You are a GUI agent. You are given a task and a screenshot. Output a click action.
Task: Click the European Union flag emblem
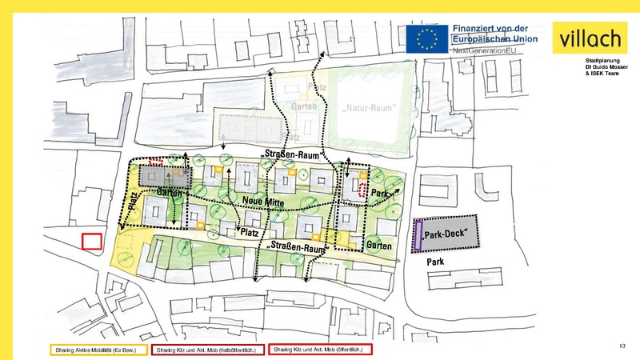tap(427, 38)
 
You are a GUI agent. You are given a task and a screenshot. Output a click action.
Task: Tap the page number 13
tap(622, 346)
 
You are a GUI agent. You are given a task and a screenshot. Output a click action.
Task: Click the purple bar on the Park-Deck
tap(418, 237)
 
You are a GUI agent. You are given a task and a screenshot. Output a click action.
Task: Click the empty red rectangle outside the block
tap(92, 242)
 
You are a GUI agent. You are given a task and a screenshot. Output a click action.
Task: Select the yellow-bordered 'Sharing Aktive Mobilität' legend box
tap(98, 350)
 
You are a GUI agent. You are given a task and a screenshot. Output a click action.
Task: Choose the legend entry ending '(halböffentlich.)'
tap(205, 350)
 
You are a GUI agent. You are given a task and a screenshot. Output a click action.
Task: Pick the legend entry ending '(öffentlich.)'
tap(319, 350)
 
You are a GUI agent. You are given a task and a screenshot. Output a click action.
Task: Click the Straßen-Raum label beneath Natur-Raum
tap(292, 153)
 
